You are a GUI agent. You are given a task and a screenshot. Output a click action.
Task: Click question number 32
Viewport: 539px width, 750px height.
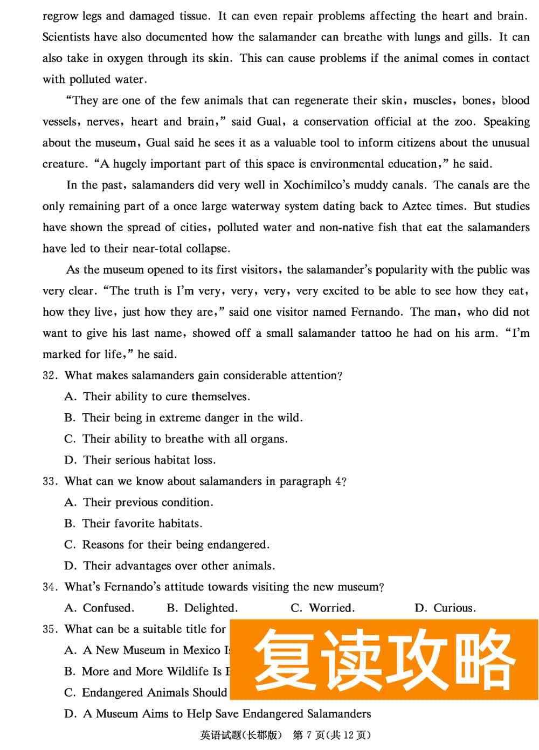tap(50, 376)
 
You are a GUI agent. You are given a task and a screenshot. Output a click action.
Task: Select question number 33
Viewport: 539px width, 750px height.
tap(50, 481)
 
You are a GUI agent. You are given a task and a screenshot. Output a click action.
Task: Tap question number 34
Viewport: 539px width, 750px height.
tap(50, 587)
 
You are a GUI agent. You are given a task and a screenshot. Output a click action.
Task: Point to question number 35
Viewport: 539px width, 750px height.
tap(50, 629)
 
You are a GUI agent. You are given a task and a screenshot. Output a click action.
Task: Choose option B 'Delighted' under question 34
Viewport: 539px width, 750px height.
tap(203, 608)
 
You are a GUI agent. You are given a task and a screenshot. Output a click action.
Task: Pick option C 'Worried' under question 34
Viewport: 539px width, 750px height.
tap(323, 608)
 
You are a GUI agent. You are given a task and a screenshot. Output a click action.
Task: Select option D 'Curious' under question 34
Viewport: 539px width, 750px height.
tap(445, 608)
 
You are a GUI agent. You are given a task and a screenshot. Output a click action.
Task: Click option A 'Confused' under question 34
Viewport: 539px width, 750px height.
tap(99, 608)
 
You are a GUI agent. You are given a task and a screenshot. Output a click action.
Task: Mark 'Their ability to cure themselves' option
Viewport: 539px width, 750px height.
tap(157, 397)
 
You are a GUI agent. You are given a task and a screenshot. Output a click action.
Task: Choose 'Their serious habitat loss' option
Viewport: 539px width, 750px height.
tap(140, 460)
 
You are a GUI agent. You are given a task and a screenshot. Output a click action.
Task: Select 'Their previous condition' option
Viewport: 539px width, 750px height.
tap(139, 503)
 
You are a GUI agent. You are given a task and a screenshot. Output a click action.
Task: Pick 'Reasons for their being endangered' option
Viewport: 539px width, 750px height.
tap(167, 545)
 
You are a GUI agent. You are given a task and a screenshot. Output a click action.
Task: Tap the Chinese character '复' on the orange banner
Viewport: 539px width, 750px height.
tap(285, 660)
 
